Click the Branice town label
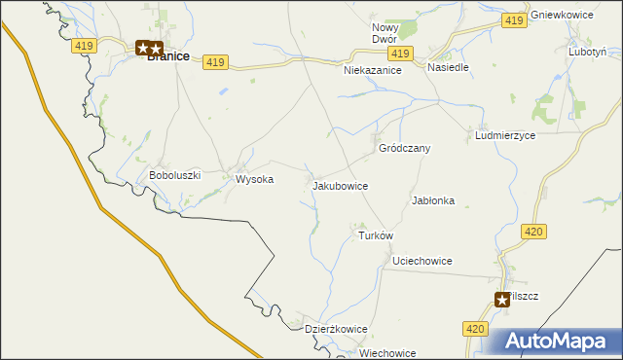(167, 57)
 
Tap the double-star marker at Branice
(149, 47)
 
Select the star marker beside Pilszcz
(502, 300)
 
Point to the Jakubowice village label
(340, 184)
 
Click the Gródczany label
(404, 149)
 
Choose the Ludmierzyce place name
(505, 136)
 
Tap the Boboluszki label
(174, 175)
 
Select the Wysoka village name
(255, 179)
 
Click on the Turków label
(375, 236)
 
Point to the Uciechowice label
(421, 261)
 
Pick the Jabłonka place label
(433, 200)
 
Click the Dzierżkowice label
(336, 329)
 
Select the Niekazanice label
(373, 71)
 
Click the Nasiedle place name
(449, 68)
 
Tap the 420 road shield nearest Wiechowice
(474, 331)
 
